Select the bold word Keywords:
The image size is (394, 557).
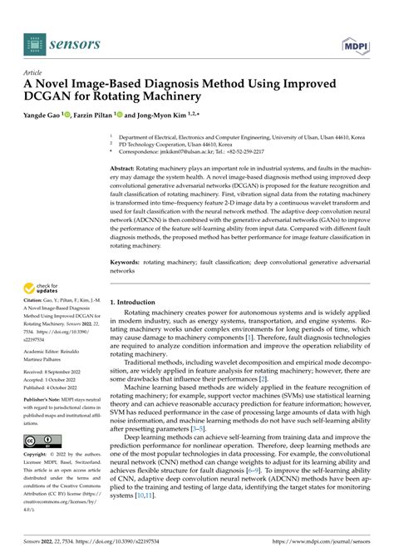(x=126, y=261)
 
